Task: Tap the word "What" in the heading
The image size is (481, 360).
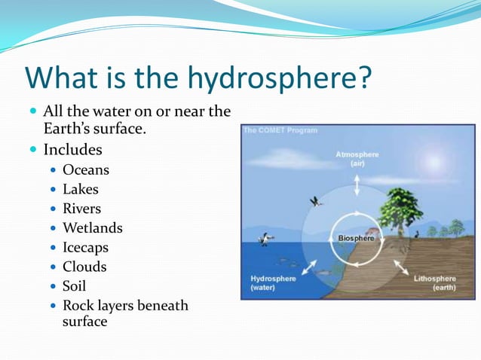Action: pos(62,78)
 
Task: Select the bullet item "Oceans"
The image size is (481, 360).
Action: pos(85,170)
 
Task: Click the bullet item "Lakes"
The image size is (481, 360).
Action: pos(80,190)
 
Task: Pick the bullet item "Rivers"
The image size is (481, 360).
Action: pos(81,209)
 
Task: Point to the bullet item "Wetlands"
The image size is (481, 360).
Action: pos(92,228)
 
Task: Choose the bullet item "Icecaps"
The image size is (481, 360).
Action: pos(85,248)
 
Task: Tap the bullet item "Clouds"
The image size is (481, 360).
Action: pos(84,267)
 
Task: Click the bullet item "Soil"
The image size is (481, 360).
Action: pos(74,286)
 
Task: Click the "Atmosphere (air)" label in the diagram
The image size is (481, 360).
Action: pos(357,158)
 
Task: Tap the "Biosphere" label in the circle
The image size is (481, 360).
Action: pos(355,238)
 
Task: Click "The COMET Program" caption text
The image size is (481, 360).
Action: pos(280,130)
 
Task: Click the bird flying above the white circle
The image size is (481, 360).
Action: pos(316,202)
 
